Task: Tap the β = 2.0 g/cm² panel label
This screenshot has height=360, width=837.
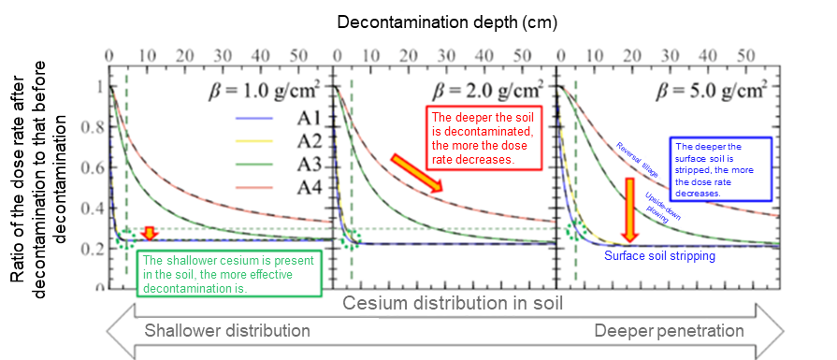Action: tap(486, 92)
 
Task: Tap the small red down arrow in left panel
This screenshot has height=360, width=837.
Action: tap(148, 233)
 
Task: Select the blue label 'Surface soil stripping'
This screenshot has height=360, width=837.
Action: tap(659, 255)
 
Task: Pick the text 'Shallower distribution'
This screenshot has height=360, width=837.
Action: tap(226, 331)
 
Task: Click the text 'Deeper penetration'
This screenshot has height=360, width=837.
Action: tap(670, 331)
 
